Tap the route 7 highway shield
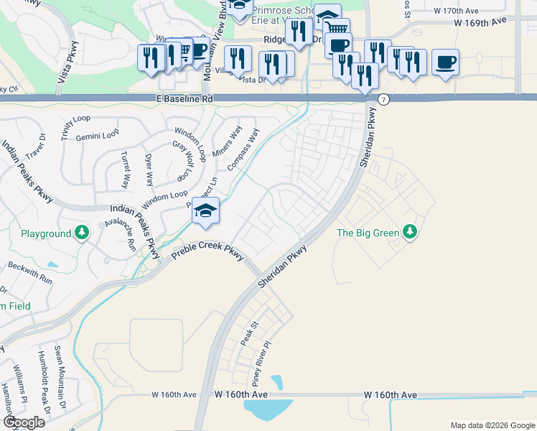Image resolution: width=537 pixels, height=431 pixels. [x=384, y=99]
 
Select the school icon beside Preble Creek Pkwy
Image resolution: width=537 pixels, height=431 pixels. [x=205, y=210]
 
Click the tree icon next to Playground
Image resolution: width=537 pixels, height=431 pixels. [x=83, y=233]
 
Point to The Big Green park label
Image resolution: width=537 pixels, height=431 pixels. [x=367, y=232]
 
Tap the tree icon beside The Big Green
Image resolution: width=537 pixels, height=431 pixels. [x=410, y=231]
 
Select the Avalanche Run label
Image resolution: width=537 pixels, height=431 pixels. [x=121, y=233]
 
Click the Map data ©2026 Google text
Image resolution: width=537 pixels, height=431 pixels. [x=492, y=425]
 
